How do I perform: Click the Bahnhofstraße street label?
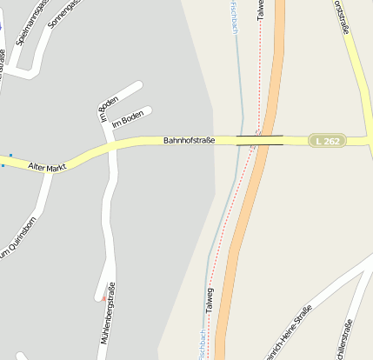189,140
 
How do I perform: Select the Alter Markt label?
47,165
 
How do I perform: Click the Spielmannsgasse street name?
30,23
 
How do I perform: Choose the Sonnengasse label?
63,14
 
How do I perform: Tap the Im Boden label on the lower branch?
127,118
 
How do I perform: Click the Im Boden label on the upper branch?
108,104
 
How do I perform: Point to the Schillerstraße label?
347,339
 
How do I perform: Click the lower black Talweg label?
209,300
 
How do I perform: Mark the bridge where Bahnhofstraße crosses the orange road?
260,140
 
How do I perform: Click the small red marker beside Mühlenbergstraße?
103,298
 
